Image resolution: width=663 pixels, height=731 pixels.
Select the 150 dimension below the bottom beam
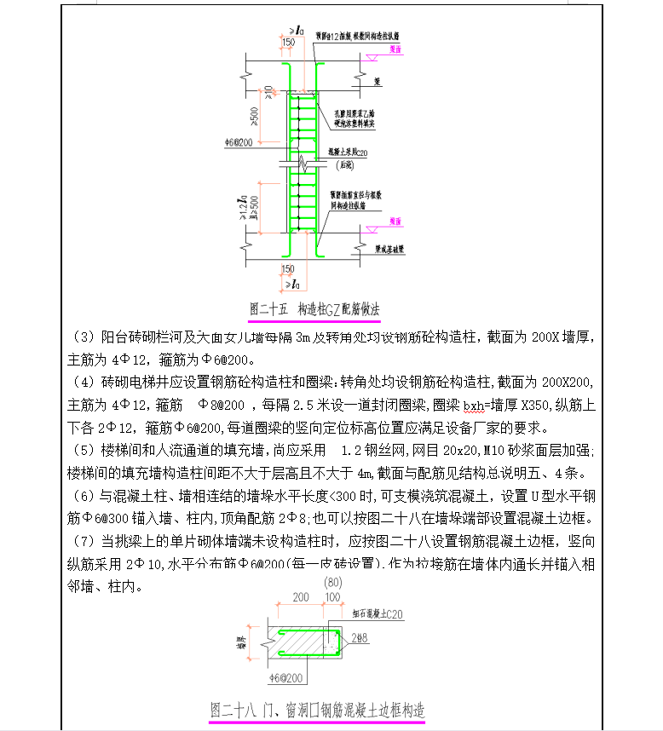[290, 269]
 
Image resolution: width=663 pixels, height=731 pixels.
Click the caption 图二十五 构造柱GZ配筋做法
[314, 308]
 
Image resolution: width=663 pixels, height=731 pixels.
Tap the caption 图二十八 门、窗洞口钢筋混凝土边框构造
[318, 709]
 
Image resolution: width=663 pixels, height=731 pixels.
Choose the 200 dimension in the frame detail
[301, 597]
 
